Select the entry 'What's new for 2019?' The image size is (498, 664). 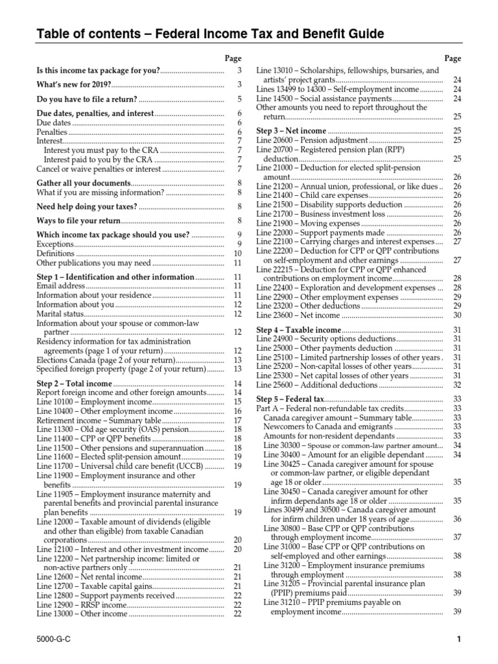click(x=73, y=85)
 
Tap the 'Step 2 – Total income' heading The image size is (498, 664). click(x=75, y=384)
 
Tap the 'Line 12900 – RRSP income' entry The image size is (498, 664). click(x=81, y=604)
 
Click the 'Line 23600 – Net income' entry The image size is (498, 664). click(x=298, y=315)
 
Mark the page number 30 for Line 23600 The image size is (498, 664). click(x=457, y=315)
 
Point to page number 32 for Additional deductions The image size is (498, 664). click(x=457, y=385)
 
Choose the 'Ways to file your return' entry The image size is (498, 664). click(x=78, y=221)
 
